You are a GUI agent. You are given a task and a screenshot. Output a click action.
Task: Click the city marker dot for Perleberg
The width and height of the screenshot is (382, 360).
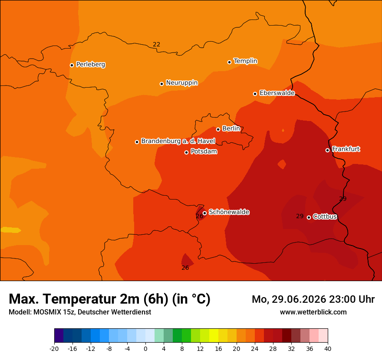[x=72, y=65]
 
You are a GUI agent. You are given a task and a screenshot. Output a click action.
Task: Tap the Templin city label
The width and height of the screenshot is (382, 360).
[x=245, y=61]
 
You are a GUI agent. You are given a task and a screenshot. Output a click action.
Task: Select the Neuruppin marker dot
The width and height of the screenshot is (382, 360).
[x=161, y=84]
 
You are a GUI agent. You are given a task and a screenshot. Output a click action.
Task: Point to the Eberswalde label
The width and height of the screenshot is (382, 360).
[x=277, y=93]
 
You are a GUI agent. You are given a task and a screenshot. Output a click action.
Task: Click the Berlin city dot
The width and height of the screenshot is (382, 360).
[x=218, y=130]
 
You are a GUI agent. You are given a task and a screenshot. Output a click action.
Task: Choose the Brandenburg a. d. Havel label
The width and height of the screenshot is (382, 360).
[x=178, y=141]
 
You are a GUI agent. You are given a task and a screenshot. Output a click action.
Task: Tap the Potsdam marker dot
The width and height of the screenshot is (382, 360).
[x=186, y=152]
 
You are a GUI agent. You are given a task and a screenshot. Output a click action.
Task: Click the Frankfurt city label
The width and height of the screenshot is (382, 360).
[x=346, y=149]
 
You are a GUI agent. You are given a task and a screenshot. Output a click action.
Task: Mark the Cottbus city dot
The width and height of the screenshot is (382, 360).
[x=309, y=217]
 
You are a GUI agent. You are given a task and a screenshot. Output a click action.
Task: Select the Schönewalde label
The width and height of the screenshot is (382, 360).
[x=229, y=212]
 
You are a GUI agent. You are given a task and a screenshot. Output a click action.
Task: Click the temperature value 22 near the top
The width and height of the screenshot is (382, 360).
[x=156, y=44]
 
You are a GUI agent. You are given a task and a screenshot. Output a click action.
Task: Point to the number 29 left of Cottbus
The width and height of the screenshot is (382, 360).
[x=300, y=216]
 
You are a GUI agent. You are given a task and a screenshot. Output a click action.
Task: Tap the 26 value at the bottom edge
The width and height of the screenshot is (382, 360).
[x=185, y=268]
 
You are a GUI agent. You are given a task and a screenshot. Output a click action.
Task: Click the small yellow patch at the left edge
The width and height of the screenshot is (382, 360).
[x=11, y=230]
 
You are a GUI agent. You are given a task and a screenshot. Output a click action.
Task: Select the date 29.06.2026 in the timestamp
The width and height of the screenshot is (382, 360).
[x=299, y=299]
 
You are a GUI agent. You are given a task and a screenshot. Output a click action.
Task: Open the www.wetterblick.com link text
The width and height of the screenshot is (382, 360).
[x=313, y=312]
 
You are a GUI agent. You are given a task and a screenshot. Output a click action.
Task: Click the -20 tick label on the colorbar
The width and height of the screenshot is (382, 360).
[x=54, y=349]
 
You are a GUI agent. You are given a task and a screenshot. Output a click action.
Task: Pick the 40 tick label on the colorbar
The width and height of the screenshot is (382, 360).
[x=328, y=349]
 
